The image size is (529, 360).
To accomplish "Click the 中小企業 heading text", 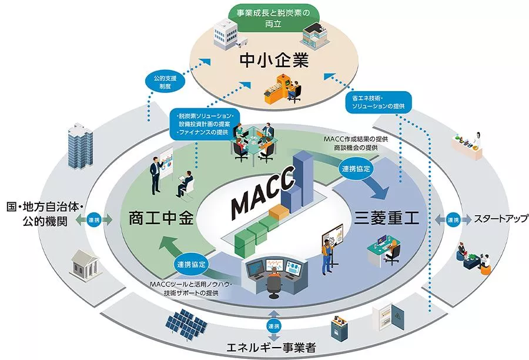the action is [x=274, y=61].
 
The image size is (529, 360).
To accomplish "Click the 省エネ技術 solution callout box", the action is [x=379, y=102].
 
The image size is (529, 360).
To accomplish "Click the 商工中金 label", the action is [x=161, y=218].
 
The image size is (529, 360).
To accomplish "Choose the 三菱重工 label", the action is [x=386, y=218].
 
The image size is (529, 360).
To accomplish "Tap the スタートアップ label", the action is [x=501, y=219].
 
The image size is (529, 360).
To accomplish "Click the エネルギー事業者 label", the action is [x=272, y=347].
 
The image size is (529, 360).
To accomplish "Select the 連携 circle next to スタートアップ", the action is [x=453, y=220].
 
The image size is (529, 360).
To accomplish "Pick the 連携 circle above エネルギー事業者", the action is [x=273, y=326].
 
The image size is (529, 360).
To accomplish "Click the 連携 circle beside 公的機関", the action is [x=94, y=220].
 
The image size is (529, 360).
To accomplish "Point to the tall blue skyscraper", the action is [x=81, y=145].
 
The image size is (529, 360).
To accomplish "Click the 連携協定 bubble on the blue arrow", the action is [x=356, y=168].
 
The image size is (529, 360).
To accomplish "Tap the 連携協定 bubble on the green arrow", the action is [x=191, y=264].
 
